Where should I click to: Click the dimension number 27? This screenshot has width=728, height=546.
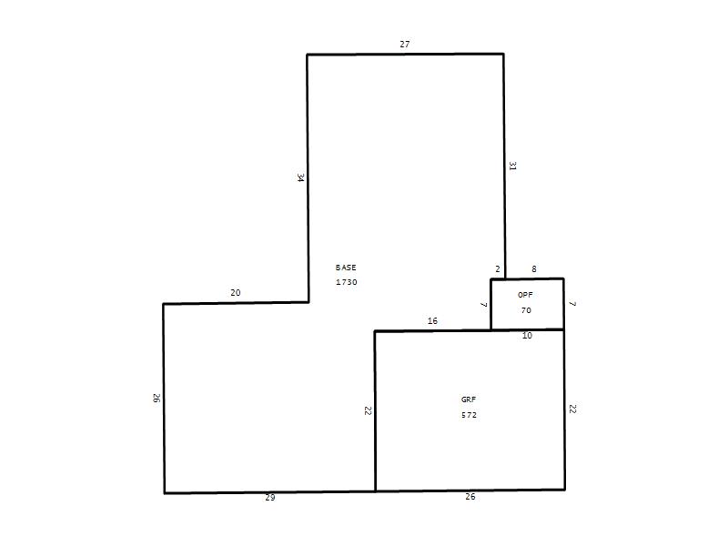click(x=404, y=44)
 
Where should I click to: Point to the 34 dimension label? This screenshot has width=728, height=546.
click(x=301, y=177)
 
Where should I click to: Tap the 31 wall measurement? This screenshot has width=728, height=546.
click(x=512, y=166)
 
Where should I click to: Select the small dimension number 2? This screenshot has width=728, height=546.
click(x=498, y=268)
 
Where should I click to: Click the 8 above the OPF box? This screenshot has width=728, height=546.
click(x=534, y=268)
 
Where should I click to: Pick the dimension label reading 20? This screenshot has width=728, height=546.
click(x=236, y=292)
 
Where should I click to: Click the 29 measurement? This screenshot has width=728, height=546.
click(x=270, y=497)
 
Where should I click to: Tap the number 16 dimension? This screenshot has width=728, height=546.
click(x=432, y=320)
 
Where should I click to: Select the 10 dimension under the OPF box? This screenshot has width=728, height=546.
click(x=527, y=335)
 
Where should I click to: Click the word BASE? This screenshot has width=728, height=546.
click(x=346, y=268)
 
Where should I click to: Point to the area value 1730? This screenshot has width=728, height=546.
click(x=347, y=282)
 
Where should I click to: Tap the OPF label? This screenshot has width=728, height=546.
click(x=525, y=295)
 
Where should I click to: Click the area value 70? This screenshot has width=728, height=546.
click(x=526, y=310)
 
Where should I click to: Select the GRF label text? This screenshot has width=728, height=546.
click(x=469, y=399)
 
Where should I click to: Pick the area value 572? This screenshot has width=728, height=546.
click(x=469, y=415)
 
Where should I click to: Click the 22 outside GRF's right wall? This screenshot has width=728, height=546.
click(x=572, y=409)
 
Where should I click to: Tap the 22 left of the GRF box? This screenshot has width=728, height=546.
click(x=369, y=410)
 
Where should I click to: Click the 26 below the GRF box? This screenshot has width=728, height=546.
click(x=470, y=496)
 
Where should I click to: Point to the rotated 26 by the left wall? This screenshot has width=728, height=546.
click(x=157, y=398)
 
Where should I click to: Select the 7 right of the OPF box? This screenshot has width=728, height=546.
click(x=572, y=304)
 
